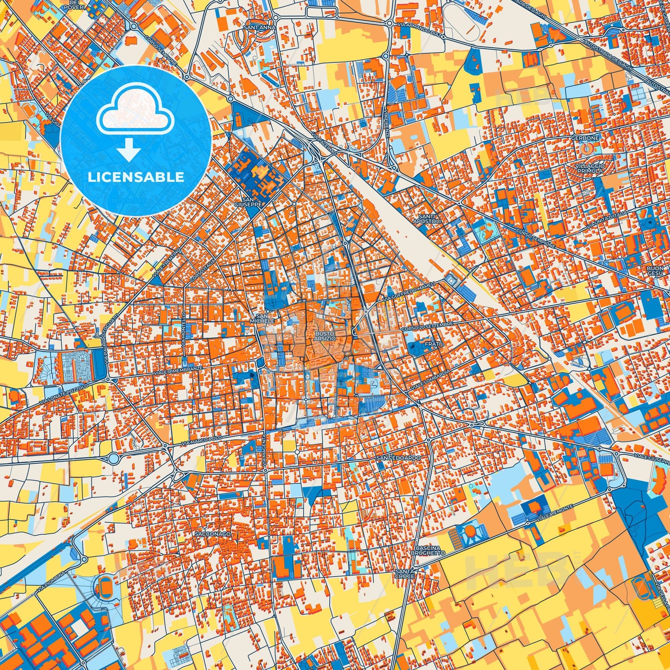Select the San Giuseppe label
[249, 202]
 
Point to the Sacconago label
[213, 534]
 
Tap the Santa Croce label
[404, 574]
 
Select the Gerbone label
[585, 138]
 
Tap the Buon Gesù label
[656, 271]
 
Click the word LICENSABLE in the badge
[136, 177]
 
